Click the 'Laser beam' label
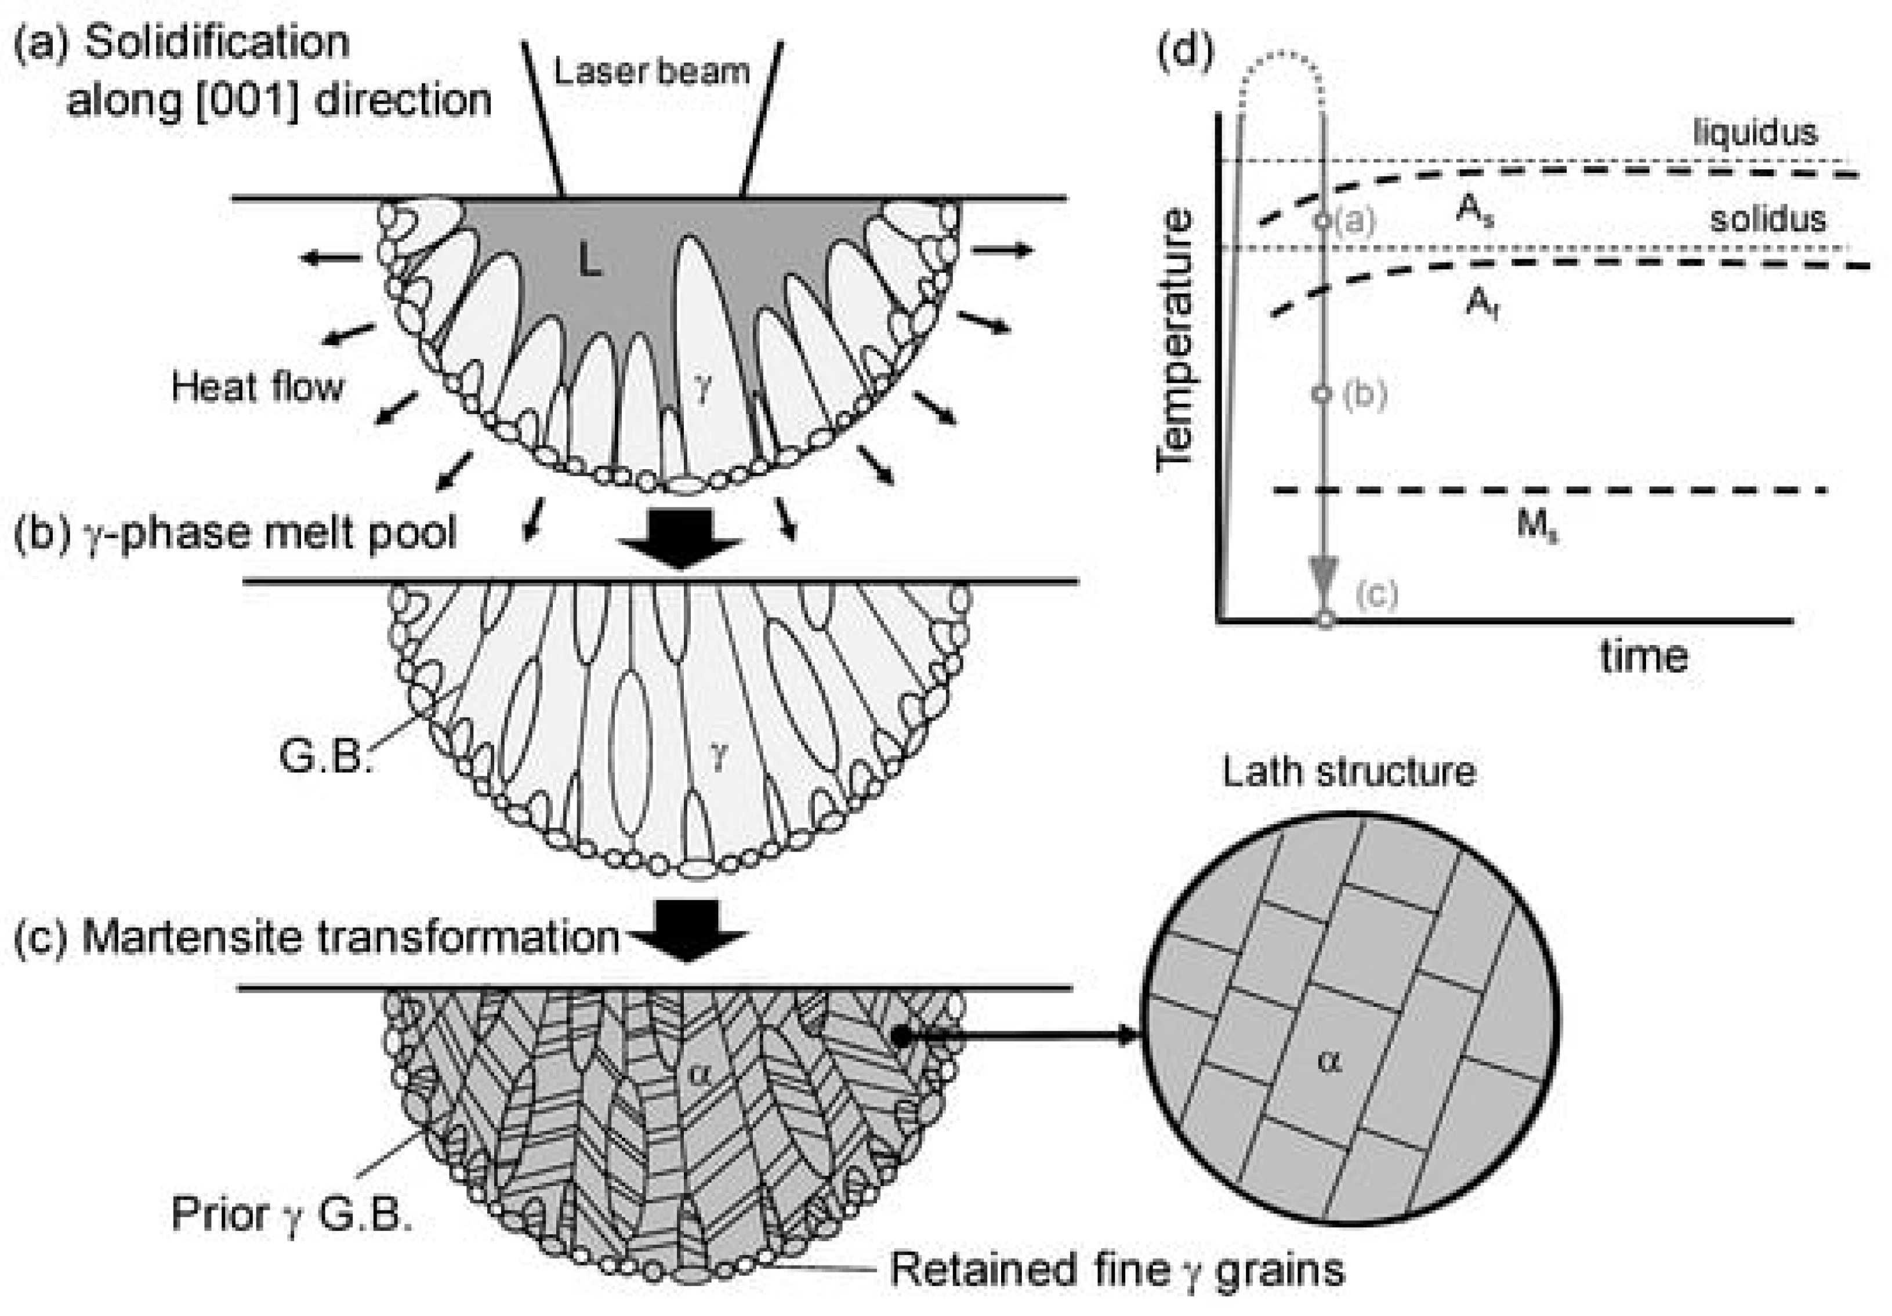point(651,72)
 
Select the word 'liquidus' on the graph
point(1755,132)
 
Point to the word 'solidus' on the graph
point(1767,219)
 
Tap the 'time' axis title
point(1644,657)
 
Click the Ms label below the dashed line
point(1538,524)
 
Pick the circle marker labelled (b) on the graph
point(1322,394)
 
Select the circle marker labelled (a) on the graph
point(1322,221)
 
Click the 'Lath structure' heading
point(1349,772)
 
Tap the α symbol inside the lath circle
point(1328,1062)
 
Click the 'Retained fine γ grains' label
point(1117,1270)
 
